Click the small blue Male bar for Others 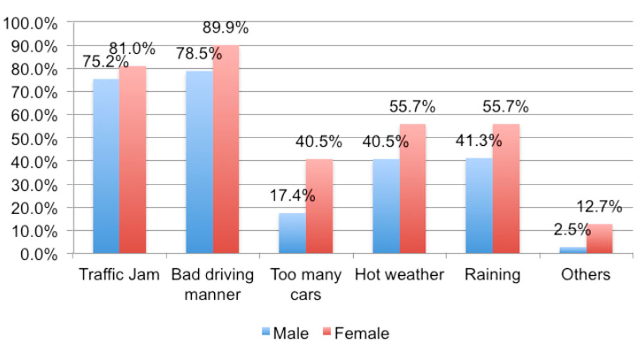[572, 250]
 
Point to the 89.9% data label [226, 29]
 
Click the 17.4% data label [293, 195]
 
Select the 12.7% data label [599, 207]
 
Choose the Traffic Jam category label [119, 275]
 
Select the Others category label [585, 275]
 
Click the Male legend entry [285, 333]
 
